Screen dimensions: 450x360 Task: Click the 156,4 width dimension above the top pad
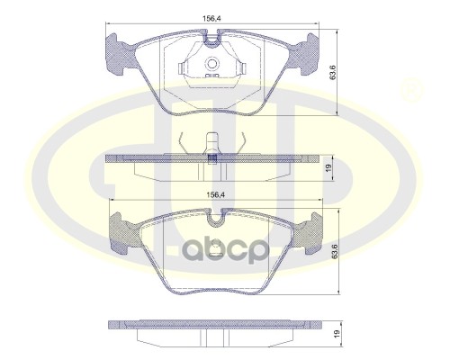click(211, 19)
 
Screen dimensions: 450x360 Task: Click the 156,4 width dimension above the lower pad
click(215, 194)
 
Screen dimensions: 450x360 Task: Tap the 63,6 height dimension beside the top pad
click(332, 72)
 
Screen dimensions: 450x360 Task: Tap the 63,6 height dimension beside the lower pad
click(334, 251)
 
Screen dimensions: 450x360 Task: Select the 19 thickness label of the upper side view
click(328, 167)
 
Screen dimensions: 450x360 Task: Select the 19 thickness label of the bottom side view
click(337, 333)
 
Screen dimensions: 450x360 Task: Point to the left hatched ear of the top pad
click(118, 54)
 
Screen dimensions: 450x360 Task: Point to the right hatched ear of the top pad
click(305, 54)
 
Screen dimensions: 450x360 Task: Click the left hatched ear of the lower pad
click(123, 231)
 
